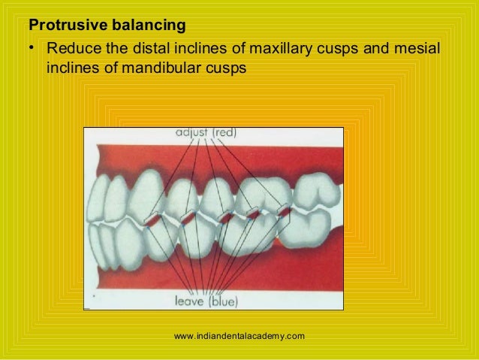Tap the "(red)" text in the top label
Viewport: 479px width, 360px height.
pyautogui.click(x=224, y=133)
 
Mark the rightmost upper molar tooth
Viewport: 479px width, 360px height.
pyautogui.click(x=316, y=190)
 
